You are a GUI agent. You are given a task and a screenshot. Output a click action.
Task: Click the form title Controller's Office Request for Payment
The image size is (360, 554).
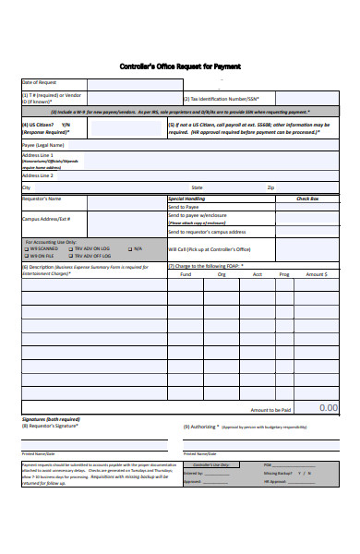(179, 66)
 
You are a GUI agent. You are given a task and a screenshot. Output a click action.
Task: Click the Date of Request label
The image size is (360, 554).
(40, 83)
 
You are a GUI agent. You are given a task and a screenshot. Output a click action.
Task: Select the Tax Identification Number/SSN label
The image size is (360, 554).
(222, 99)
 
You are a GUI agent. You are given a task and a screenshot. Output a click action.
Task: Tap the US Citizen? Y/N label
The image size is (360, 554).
(45, 124)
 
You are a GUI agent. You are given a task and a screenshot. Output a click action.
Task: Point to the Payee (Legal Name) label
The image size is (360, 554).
(43, 145)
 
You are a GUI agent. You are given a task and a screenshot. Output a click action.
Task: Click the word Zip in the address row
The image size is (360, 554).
(270, 187)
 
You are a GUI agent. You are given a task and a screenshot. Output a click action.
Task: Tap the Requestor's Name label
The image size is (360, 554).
(42, 199)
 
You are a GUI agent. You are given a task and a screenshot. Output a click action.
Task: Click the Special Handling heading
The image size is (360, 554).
(186, 199)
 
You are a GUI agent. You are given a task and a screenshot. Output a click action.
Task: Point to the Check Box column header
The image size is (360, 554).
(306, 199)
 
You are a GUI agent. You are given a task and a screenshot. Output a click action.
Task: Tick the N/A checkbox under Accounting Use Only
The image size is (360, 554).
(129, 248)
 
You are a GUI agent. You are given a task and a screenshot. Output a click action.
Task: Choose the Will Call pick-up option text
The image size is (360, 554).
(210, 249)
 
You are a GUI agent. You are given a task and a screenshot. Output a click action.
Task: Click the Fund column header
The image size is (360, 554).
(186, 274)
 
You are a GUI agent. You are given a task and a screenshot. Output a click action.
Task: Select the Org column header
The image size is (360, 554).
(222, 274)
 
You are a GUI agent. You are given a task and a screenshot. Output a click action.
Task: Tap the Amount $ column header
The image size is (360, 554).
(316, 274)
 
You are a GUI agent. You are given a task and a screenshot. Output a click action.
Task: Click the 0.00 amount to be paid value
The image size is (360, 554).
(328, 407)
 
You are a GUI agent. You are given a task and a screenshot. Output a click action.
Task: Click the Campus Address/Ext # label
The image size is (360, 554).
(46, 219)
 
